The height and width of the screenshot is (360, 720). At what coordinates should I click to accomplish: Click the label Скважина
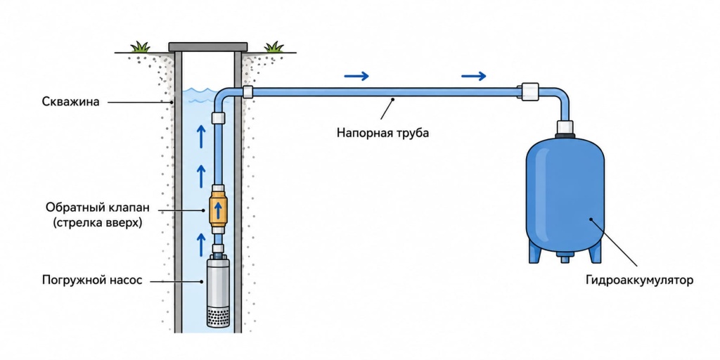tap(70, 101)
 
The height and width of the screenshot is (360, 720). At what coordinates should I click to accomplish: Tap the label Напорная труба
tap(383, 134)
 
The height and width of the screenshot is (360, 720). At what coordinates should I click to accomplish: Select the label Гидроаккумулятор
tap(638, 280)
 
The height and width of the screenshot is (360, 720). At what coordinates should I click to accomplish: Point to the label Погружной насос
tap(92, 280)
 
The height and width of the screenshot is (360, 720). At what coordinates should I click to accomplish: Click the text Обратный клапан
tap(98, 207)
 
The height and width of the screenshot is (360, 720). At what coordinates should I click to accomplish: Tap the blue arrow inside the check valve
tap(219, 210)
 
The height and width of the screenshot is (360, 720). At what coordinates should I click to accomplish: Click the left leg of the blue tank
tap(535, 252)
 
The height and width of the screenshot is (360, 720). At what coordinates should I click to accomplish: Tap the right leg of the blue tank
tap(595, 252)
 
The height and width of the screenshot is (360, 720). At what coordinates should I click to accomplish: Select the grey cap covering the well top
tap(208, 46)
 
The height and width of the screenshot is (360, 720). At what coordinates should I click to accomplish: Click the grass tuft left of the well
tap(140, 46)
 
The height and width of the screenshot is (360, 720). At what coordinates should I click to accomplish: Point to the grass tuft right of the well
tap(274, 46)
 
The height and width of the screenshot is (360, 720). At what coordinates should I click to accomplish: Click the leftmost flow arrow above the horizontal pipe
tap(356, 76)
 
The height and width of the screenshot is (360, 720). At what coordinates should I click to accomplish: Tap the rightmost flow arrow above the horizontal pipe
tap(473, 76)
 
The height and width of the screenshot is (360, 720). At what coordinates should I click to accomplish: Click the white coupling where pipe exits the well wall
tap(248, 91)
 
